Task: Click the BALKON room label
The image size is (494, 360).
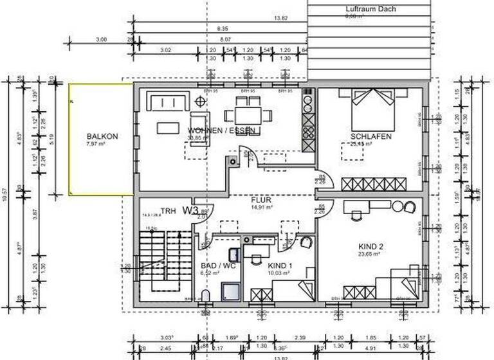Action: (102, 136)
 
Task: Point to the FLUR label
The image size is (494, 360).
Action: (262, 199)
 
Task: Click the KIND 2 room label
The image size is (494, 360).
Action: (370, 246)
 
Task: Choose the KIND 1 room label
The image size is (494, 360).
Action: (280, 265)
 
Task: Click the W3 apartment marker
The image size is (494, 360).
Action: (189, 210)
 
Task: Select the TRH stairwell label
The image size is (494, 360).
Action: (168, 211)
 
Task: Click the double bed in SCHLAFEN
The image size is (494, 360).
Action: (371, 109)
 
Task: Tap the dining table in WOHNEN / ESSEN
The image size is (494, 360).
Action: (248, 116)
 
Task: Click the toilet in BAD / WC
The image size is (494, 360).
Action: (205, 296)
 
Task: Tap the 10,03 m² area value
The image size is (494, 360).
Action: (280, 273)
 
